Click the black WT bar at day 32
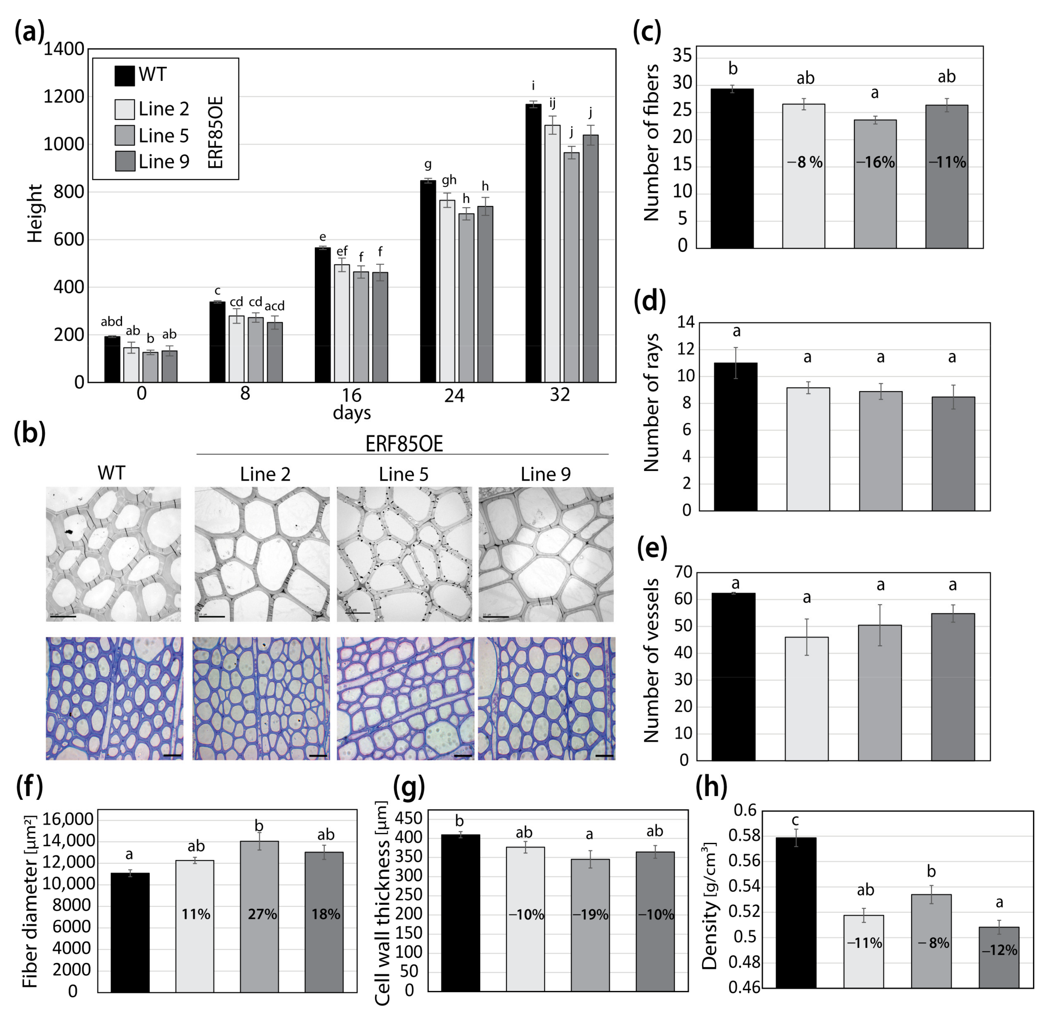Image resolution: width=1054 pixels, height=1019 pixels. click(x=533, y=242)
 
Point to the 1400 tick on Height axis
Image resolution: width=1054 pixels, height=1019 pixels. click(x=64, y=49)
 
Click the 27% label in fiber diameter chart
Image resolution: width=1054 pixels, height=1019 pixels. click(x=262, y=914)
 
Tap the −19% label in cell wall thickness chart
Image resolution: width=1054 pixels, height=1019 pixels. click(x=591, y=915)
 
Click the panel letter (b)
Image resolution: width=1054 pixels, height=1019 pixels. click(x=30, y=433)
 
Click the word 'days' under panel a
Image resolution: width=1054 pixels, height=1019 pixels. click(x=352, y=413)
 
